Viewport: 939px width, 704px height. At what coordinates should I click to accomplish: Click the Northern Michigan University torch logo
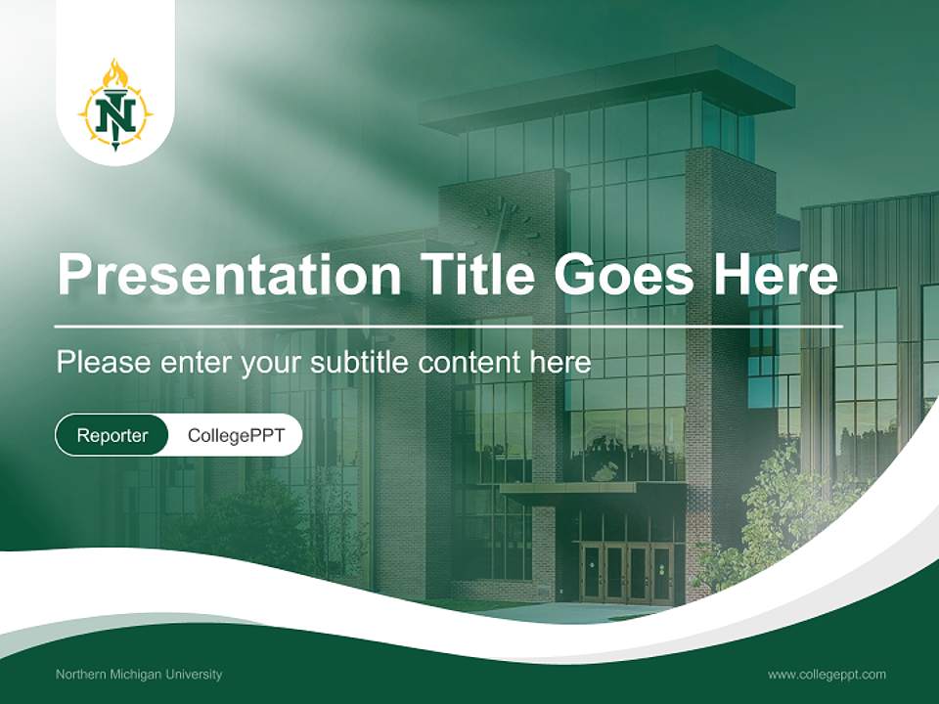[115, 107]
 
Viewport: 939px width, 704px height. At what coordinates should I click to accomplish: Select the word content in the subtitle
[469, 363]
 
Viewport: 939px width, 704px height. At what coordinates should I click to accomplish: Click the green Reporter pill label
[112, 435]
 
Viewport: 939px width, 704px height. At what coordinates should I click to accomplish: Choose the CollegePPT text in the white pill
[236, 435]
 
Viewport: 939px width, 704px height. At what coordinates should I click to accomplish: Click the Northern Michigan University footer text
[139, 674]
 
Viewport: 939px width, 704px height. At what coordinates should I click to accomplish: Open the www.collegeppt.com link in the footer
[827, 674]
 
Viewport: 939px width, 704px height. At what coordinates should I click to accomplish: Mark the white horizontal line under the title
[448, 325]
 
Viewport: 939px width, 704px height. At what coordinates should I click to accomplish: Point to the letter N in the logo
[115, 114]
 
